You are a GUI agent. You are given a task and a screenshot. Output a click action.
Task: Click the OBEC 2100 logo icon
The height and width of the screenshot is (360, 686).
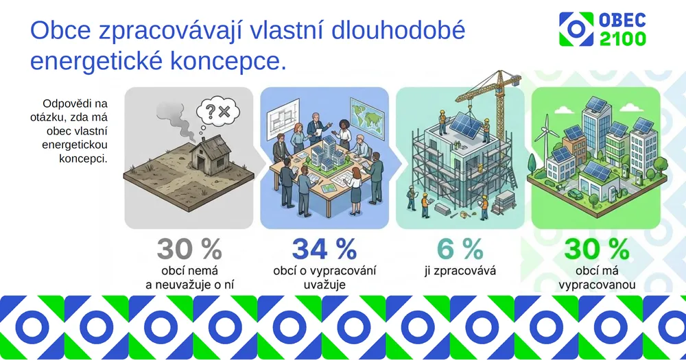(576, 29)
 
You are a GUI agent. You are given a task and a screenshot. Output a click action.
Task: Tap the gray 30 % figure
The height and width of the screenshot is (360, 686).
(189, 250)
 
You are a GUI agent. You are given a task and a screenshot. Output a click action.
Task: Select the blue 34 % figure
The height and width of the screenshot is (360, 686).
(324, 250)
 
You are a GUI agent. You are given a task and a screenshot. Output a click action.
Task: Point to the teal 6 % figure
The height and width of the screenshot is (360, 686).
(460, 250)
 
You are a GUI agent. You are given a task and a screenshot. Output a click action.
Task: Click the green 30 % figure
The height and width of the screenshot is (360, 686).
(597, 250)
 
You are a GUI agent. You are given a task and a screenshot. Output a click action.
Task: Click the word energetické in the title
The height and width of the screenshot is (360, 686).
(96, 61)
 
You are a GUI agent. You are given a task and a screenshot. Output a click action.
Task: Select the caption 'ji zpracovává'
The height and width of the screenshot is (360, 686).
(460, 271)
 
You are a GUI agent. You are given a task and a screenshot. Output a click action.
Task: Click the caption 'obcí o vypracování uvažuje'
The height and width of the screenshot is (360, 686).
(324, 277)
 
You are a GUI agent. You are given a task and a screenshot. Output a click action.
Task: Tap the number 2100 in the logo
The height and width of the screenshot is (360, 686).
(623, 38)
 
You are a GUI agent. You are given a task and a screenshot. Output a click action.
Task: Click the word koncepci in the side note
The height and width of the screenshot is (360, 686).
(83, 158)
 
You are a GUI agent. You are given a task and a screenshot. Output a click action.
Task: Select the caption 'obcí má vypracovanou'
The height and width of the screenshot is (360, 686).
(597, 277)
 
